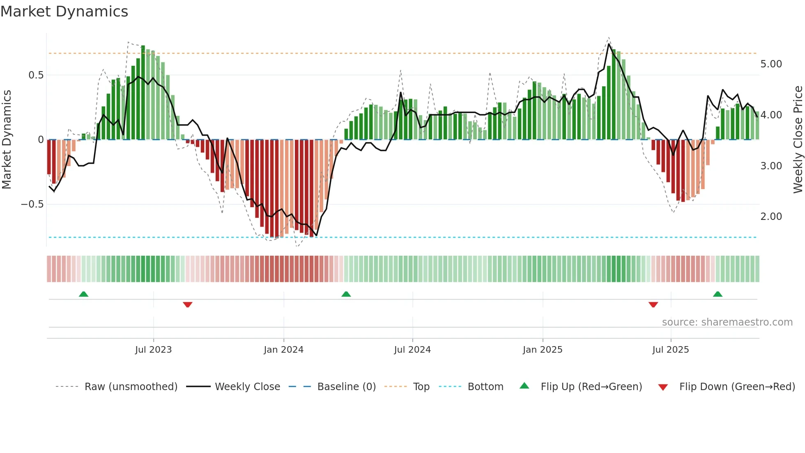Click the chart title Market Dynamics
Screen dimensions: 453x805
(64, 12)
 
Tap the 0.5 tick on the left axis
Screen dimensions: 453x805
(36, 75)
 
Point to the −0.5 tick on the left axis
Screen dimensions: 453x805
(32, 204)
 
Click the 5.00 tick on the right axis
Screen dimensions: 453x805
(771, 64)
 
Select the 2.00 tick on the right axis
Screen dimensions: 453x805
(771, 217)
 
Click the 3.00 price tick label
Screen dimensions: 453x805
(771, 166)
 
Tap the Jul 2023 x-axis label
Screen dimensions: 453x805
(154, 350)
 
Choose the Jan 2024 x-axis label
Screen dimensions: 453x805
(283, 350)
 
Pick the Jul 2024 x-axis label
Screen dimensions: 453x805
(412, 350)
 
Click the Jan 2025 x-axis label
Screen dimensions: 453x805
(543, 350)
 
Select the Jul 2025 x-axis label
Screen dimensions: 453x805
(671, 350)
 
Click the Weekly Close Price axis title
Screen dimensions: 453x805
(798, 139)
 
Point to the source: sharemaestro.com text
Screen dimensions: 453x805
(727, 322)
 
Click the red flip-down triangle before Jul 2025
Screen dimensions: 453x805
(653, 305)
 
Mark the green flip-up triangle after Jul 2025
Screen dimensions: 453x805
(718, 294)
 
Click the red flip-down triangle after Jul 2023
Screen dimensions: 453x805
(188, 305)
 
